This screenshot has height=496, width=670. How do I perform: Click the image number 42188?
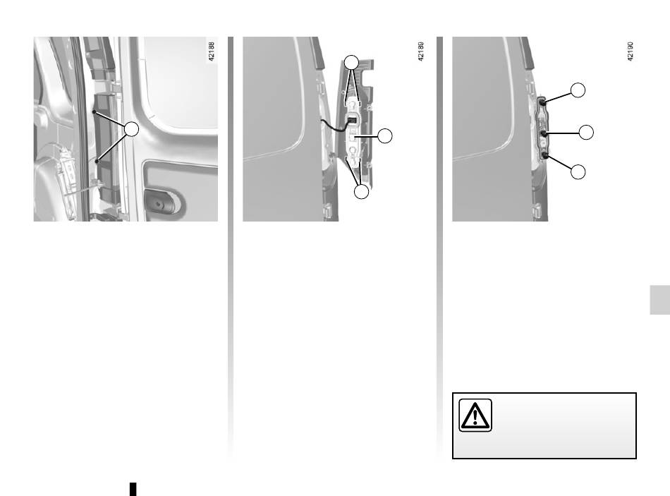click(x=211, y=52)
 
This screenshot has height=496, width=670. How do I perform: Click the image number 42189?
click(x=420, y=52)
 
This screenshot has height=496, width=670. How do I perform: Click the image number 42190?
click(x=631, y=52)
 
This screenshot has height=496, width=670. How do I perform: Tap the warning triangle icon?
click(x=475, y=415)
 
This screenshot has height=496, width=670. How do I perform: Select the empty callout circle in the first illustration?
click(x=132, y=128)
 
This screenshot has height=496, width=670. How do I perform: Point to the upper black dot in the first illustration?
click(x=94, y=112)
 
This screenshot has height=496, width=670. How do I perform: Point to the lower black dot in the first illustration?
click(x=97, y=161)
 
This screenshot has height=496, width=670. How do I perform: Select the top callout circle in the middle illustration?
click(x=352, y=62)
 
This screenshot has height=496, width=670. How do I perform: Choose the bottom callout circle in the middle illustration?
click(x=362, y=191)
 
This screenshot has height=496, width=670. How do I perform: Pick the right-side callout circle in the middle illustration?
click(x=385, y=135)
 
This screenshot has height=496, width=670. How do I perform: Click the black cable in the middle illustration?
click(x=336, y=126)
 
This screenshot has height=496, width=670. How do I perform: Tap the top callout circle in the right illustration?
click(x=578, y=90)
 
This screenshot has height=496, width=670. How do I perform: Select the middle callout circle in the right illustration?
click(x=586, y=132)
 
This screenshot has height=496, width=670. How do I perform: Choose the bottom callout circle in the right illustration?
click(x=578, y=171)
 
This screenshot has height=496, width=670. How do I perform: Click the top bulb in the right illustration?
click(x=542, y=102)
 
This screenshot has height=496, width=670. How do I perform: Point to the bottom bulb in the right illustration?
click(x=544, y=155)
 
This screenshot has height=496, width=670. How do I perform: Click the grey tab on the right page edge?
click(x=659, y=300)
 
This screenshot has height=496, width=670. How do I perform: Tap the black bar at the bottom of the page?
click(x=133, y=489)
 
